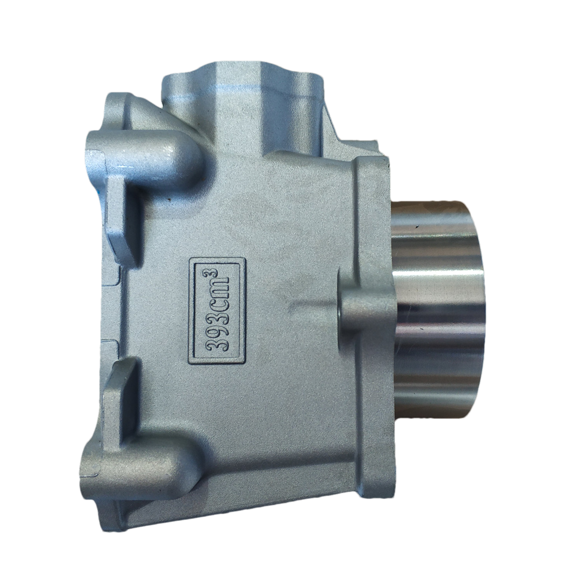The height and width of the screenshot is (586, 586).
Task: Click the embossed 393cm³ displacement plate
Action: (x=217, y=311)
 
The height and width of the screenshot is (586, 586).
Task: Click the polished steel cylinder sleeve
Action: (x=438, y=308)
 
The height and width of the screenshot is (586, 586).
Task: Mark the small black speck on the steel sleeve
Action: (x=418, y=226)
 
